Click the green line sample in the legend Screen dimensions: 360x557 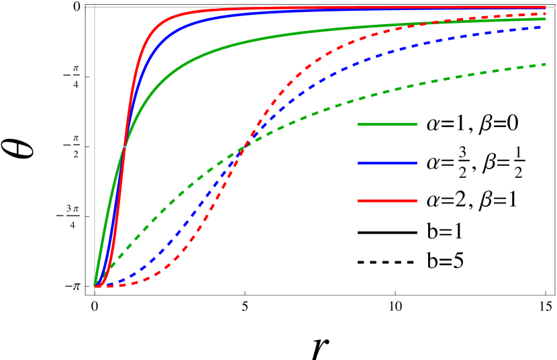click(387, 124)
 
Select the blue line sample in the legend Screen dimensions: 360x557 click(387, 163)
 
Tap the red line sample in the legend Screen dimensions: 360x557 click(387, 201)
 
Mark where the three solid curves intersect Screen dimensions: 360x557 click(124, 146)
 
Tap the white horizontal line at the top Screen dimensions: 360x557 click(322, 7)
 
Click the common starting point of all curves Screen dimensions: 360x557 click(95, 285)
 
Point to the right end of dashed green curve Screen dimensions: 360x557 click(546, 64)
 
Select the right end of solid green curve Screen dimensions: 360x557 click(546, 19)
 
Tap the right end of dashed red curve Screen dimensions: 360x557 click(546, 13)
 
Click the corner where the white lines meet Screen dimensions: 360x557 click(95, 7)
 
